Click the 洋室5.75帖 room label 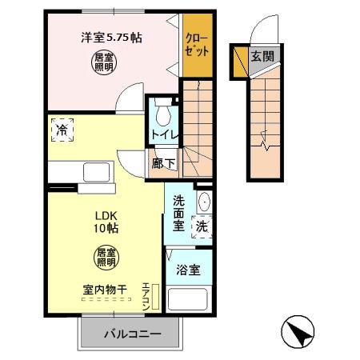[x=110, y=37]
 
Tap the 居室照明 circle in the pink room [x=102, y=63]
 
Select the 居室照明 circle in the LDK [x=106, y=256]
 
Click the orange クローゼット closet [x=197, y=45]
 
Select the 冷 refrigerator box [x=61, y=128]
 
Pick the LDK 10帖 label [x=107, y=221]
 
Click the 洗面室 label [x=179, y=213]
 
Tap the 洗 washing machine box [x=203, y=226]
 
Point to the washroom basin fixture [x=204, y=201]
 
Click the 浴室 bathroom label [x=188, y=270]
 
